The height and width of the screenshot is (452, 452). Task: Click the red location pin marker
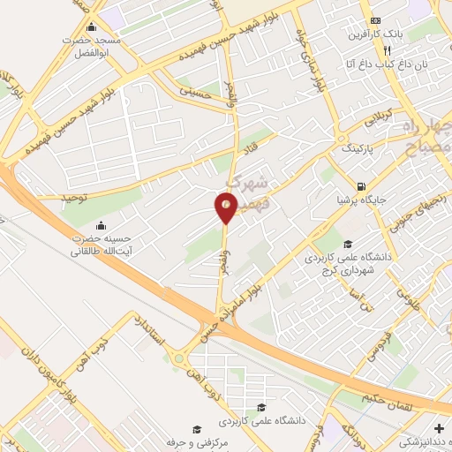(226, 207)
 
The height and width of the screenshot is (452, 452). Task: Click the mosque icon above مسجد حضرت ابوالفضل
(90, 27)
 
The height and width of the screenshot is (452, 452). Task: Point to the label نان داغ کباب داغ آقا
(393, 64)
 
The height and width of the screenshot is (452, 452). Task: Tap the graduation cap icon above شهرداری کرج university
(348, 245)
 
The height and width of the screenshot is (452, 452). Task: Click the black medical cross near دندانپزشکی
(439, 428)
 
